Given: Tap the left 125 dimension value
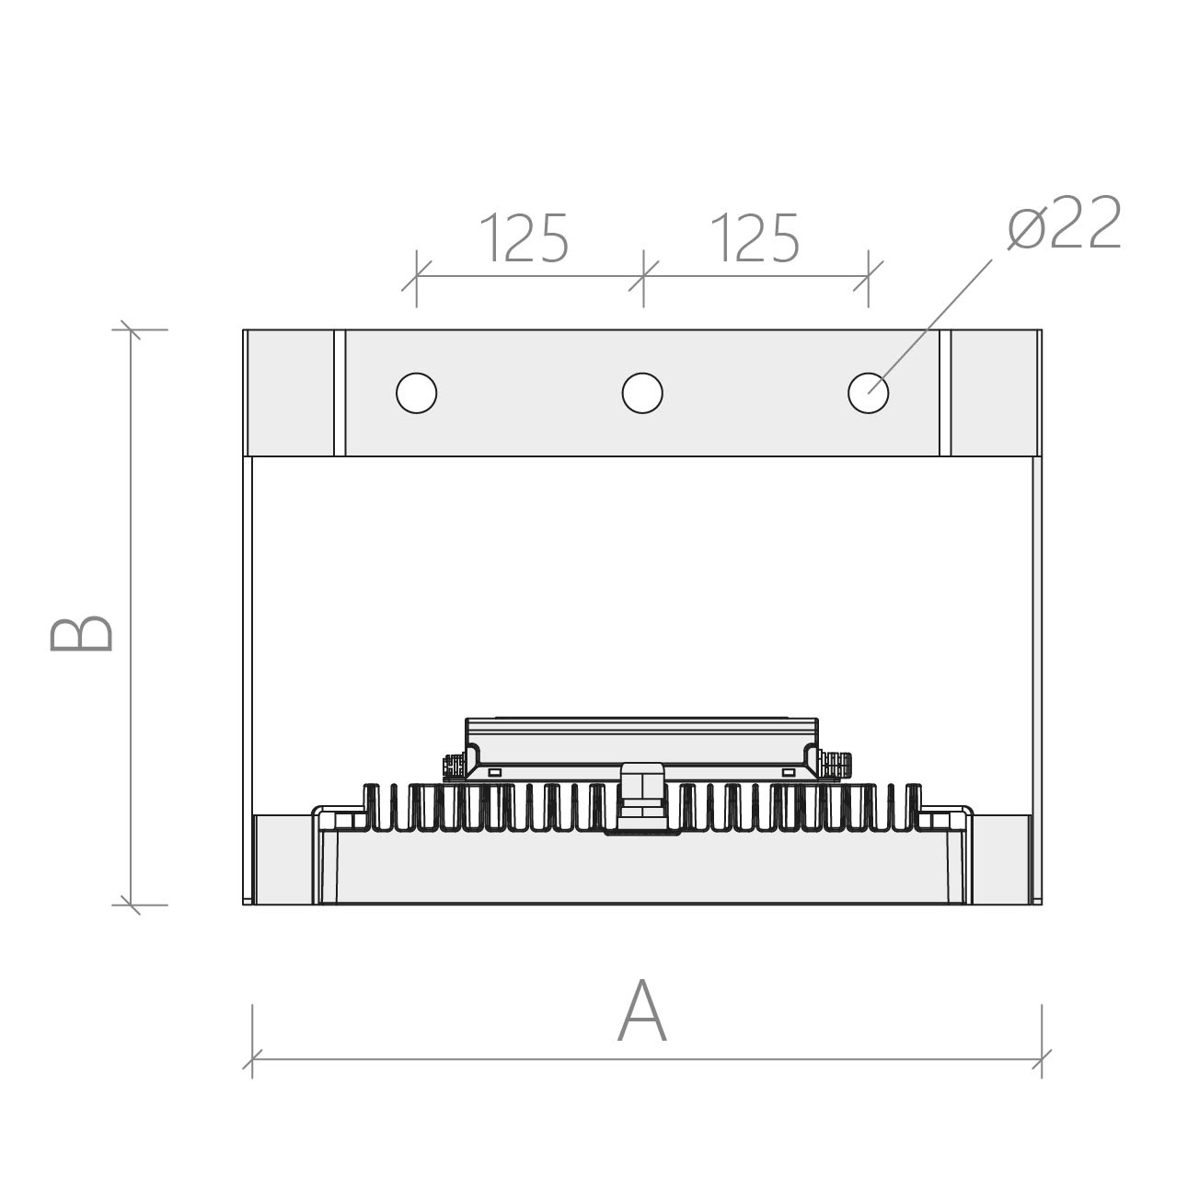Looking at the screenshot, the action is pos(524,237).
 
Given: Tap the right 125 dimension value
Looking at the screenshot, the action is pos(755,237).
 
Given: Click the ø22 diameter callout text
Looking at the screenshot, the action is pos(1065,222).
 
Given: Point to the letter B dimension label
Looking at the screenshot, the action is pos(81,634).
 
